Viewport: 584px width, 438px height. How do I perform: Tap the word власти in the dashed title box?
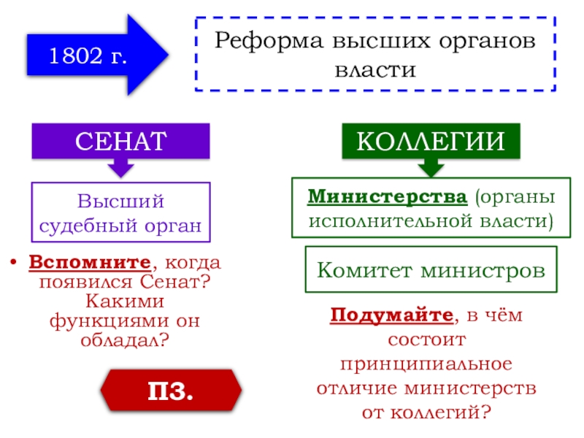tap(374, 71)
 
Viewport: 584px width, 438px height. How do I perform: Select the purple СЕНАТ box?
tap(120, 141)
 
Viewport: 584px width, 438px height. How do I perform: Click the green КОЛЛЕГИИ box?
tap(432, 141)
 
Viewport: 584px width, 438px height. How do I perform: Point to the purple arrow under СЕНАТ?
tap(120, 168)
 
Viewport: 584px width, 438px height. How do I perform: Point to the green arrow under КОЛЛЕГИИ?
tap(432, 168)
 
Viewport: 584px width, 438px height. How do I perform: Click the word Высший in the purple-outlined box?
tap(120, 201)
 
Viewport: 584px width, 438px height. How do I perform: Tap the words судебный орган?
tap(120, 225)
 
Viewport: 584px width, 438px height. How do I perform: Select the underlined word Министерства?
tap(387, 197)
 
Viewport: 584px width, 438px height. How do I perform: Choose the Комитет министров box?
tap(431, 271)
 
